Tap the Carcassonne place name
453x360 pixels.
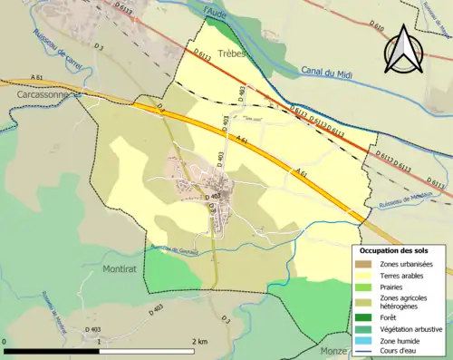30,93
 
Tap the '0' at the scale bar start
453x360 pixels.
5,341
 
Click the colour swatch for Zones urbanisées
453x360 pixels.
364,264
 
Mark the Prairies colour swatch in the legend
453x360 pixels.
364,287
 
